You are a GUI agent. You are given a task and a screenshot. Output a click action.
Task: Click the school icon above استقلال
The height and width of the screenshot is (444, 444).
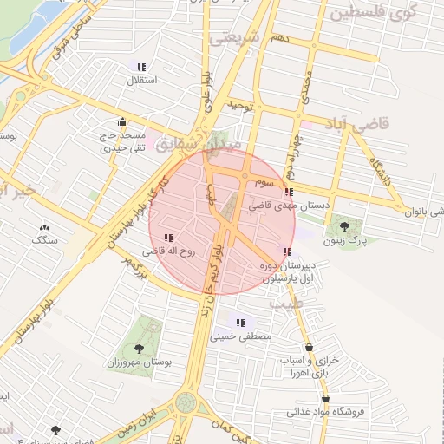(x=141, y=67)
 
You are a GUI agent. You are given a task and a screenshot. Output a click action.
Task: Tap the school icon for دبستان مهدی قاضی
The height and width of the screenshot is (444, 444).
(x=289, y=192)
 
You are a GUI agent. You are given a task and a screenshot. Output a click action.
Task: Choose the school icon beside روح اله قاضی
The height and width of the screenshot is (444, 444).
(x=167, y=237)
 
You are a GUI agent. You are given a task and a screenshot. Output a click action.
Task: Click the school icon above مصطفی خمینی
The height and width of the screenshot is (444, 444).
(x=240, y=323)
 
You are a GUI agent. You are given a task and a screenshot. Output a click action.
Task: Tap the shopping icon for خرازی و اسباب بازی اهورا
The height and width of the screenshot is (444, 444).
(x=310, y=347)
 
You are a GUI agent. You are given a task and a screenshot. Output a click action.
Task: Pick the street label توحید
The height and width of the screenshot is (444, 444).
(x=239, y=105)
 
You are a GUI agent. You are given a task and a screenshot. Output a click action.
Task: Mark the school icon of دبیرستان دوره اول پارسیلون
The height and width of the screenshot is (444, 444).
(x=287, y=251)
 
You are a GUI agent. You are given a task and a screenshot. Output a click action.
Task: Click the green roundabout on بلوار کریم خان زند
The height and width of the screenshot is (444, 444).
(x=186, y=402)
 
